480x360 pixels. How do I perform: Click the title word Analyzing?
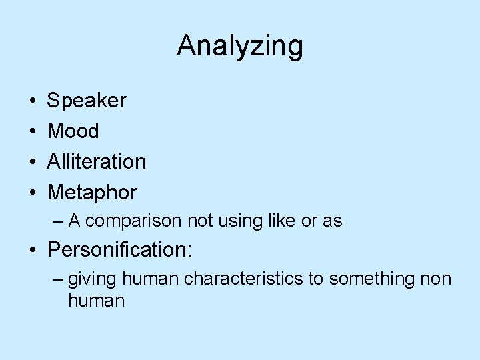(240, 47)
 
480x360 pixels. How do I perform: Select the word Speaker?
(87, 101)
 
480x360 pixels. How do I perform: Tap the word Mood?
(73, 131)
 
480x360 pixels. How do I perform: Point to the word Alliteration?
(97, 162)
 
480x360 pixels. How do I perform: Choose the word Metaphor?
(92, 193)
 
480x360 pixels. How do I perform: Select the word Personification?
(117, 250)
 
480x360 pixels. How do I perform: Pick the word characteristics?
(243, 278)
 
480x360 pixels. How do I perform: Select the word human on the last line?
(96, 301)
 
